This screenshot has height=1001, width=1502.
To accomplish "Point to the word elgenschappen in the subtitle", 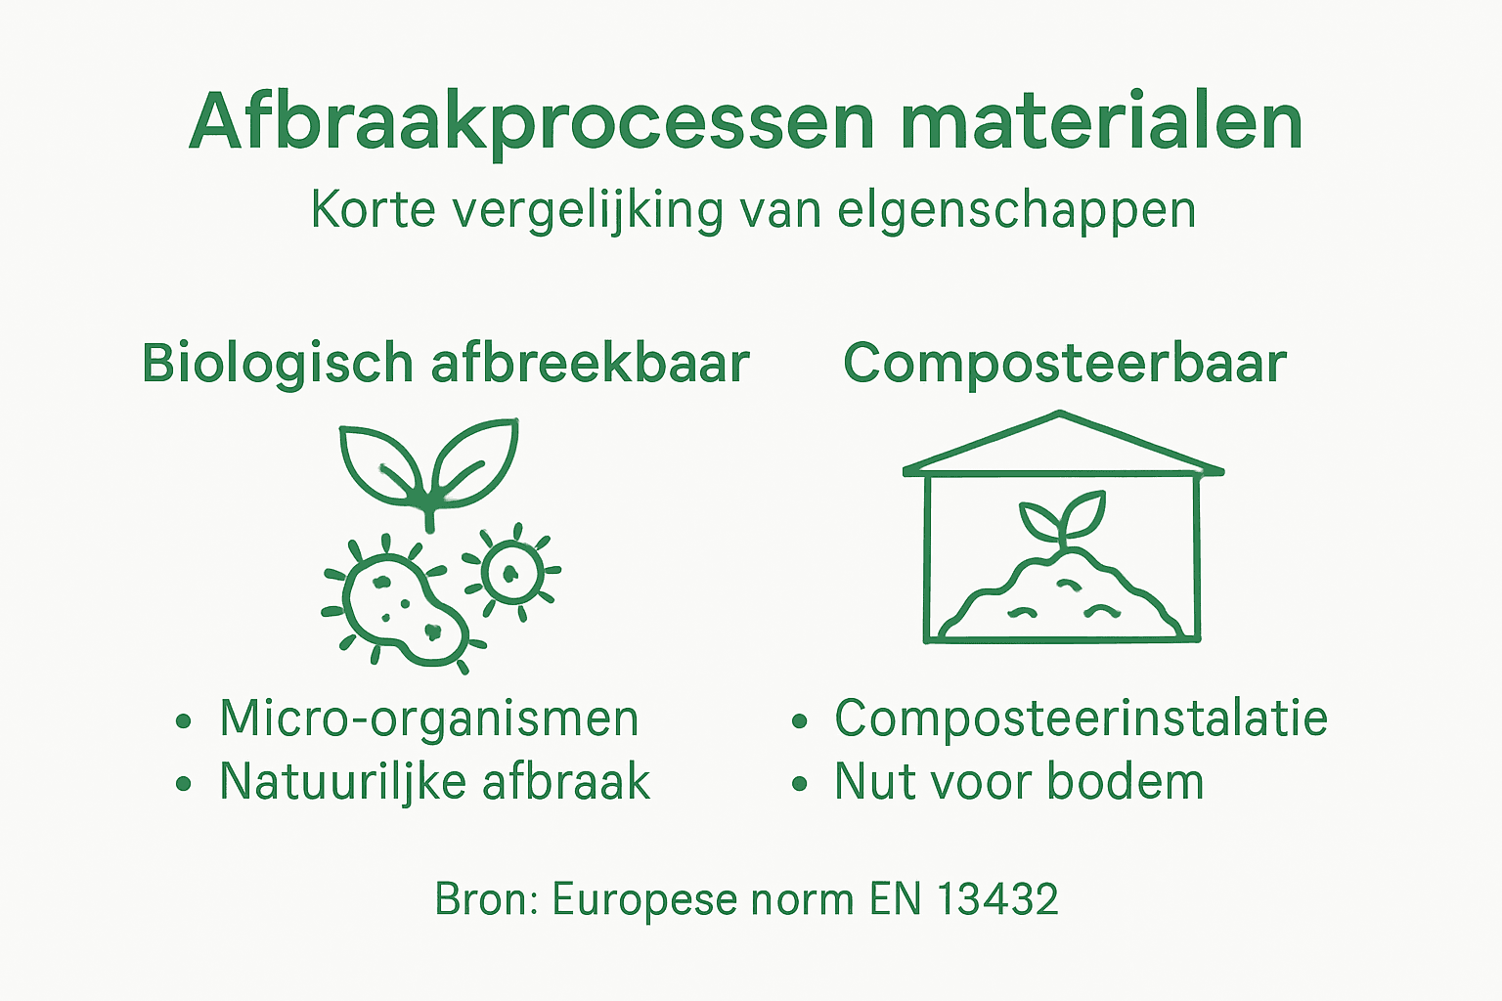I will [x=1017, y=210].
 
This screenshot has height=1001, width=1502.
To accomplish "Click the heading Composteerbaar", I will [x=1064, y=364].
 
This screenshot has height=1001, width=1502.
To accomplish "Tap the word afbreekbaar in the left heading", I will [x=590, y=364].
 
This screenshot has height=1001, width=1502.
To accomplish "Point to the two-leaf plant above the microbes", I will [x=428, y=464].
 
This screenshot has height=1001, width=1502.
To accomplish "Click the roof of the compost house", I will [x=1062, y=445].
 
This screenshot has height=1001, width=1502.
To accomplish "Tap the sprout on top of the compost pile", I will [x=1061, y=519].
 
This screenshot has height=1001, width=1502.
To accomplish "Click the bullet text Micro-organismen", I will [x=428, y=718].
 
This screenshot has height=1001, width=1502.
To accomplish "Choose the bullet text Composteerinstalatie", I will [x=1081, y=718].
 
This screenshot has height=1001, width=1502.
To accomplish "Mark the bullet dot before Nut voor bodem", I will [x=800, y=784].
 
